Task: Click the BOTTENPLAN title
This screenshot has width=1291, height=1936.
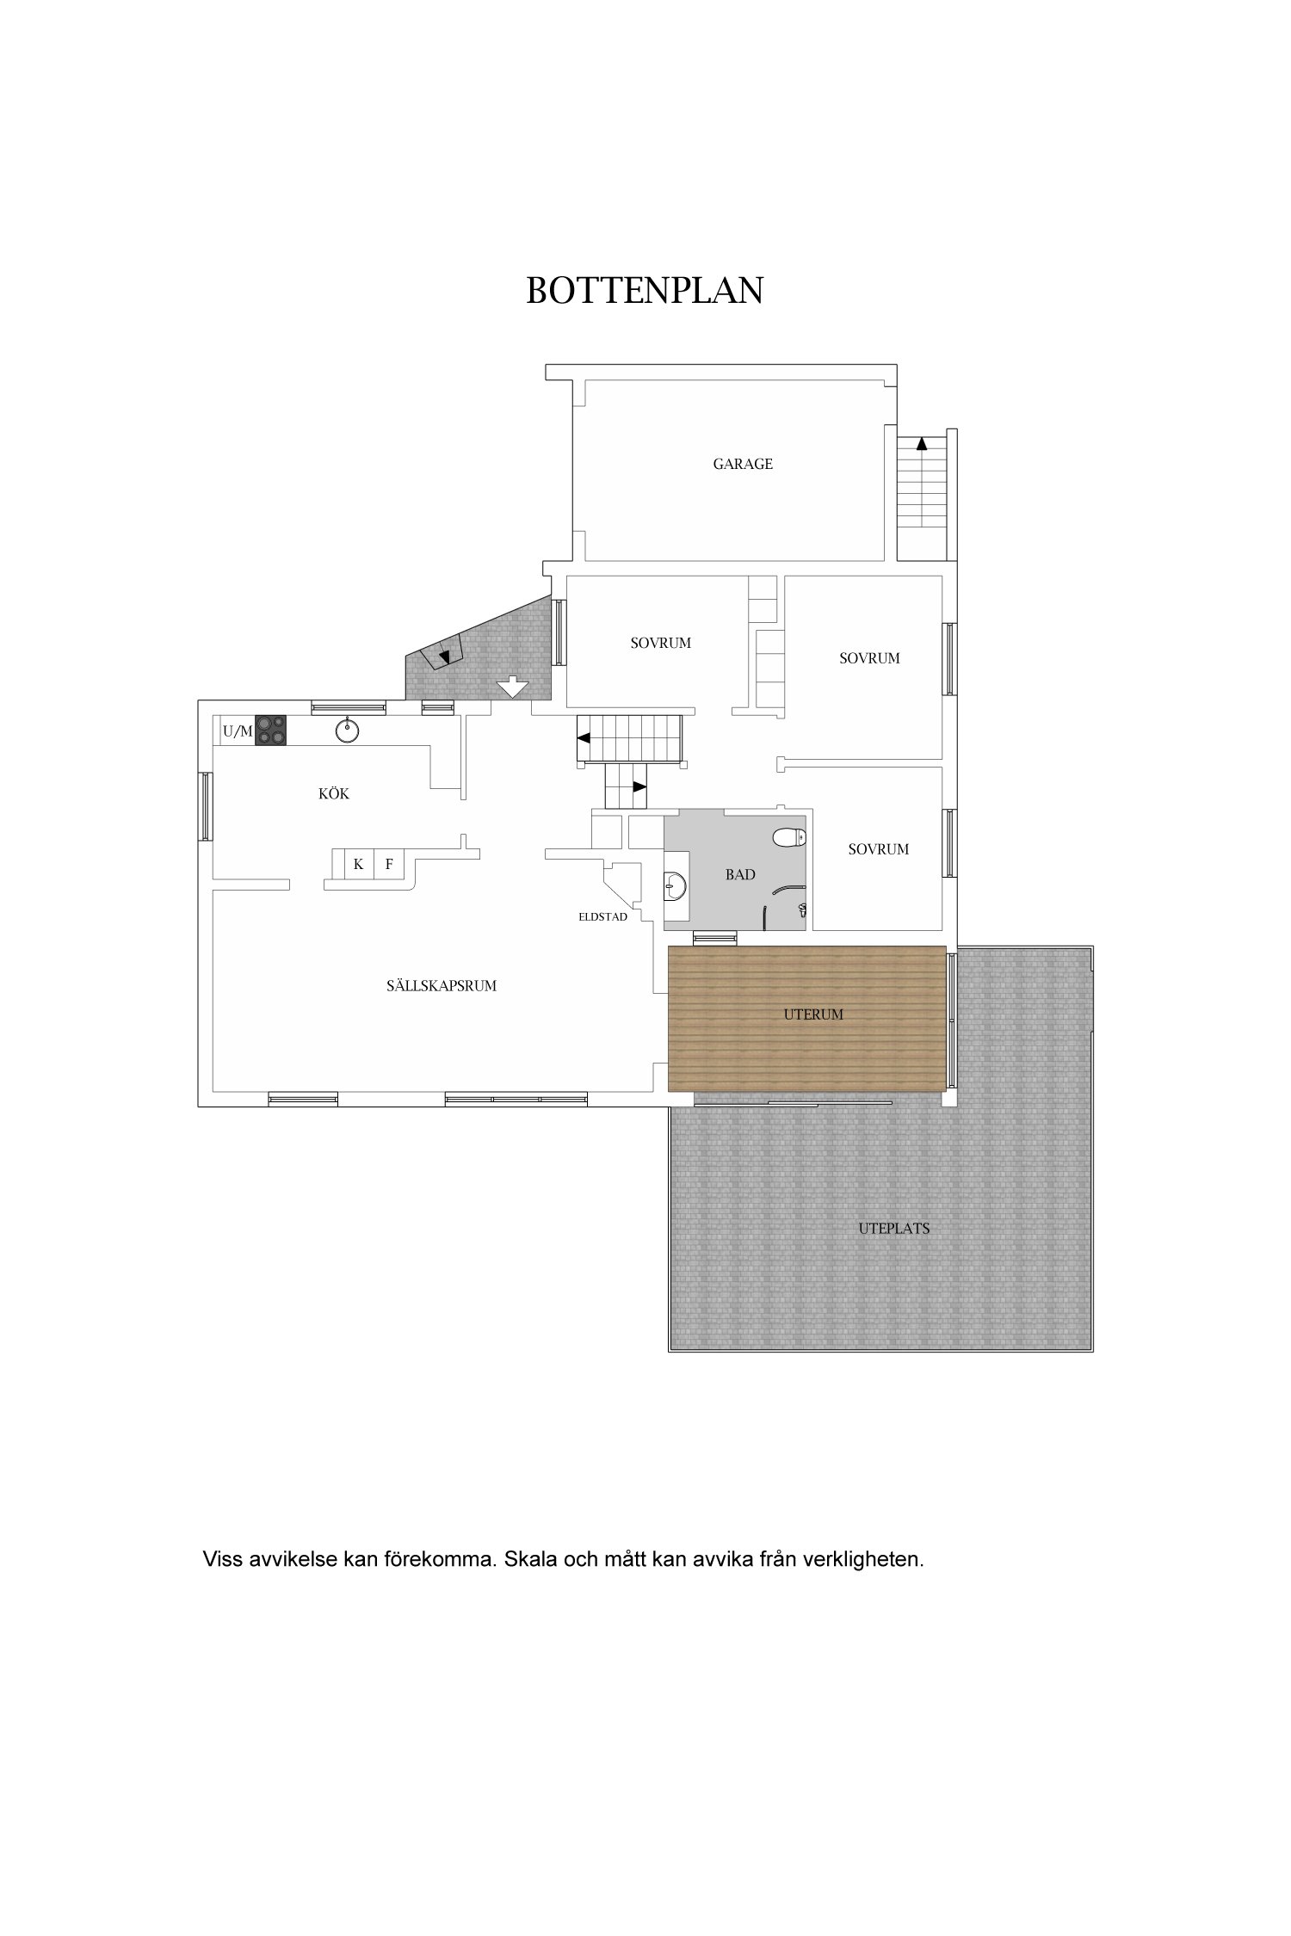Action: (x=645, y=291)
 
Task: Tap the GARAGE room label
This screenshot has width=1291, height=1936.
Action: (x=743, y=464)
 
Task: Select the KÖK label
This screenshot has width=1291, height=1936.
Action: (x=334, y=793)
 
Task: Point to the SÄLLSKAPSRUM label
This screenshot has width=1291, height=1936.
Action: (x=442, y=986)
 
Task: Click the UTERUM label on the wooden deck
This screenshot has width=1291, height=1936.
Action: (x=813, y=1014)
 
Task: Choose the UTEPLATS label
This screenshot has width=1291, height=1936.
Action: (x=893, y=1229)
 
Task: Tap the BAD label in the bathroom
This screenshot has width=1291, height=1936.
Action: (x=740, y=874)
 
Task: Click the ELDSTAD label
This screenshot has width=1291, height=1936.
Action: (x=602, y=917)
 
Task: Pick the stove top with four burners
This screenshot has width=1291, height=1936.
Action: (x=270, y=731)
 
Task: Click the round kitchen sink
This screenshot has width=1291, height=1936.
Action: (x=347, y=731)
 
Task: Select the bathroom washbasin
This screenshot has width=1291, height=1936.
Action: (x=675, y=884)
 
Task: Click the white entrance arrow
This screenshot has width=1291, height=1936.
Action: (x=512, y=687)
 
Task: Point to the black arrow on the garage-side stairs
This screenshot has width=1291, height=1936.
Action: (x=922, y=444)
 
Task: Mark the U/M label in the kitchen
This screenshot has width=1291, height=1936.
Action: (x=238, y=732)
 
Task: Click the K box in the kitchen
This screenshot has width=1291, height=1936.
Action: (x=358, y=864)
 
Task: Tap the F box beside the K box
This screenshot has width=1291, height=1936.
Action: (x=389, y=864)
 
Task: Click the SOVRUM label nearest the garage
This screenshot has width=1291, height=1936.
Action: (x=661, y=643)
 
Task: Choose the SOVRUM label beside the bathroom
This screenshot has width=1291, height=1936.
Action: (x=879, y=849)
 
